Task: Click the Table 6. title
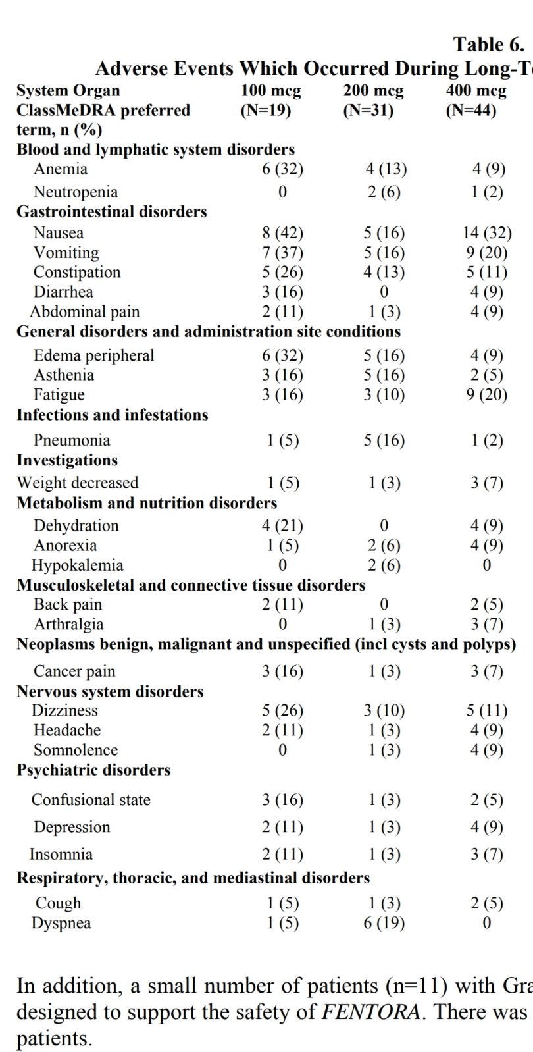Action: (488, 45)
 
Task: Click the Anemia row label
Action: (61, 169)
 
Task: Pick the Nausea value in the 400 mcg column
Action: (487, 233)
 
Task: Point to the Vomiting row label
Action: (66, 253)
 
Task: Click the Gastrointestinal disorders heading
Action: (112, 212)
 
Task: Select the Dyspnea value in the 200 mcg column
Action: (384, 923)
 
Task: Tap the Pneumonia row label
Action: (72, 440)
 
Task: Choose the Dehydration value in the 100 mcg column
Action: (282, 526)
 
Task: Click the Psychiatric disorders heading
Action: (93, 770)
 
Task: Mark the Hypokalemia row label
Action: (77, 565)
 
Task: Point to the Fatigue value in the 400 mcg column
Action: (487, 395)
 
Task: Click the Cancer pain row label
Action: (74, 671)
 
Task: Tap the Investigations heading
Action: (67, 460)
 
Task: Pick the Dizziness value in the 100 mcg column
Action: (282, 711)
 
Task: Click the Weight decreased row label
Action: (78, 483)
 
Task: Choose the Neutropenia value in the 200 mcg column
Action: (384, 192)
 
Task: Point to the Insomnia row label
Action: (61, 855)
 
